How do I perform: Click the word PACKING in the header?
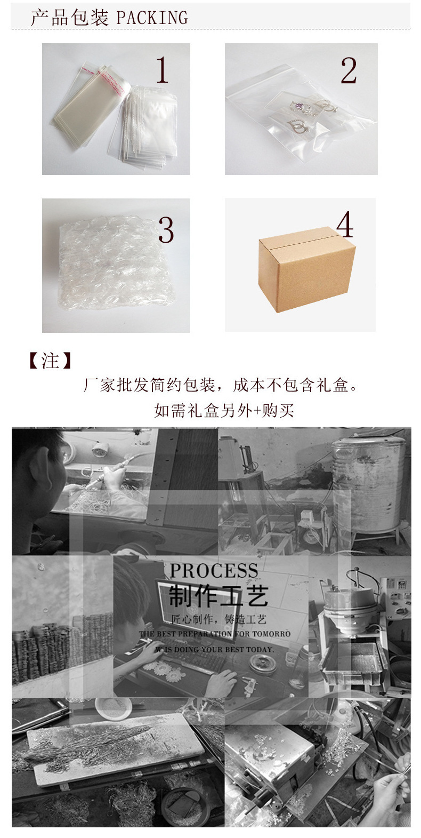coord(152,18)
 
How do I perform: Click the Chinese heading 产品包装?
coord(69,18)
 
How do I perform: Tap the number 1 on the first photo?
coord(162,70)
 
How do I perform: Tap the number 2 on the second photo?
coord(349,71)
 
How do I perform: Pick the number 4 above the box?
coord(345,225)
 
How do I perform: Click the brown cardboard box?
coord(306,269)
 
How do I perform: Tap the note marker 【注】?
coord(50,361)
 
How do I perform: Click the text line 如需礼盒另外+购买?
coord(224,410)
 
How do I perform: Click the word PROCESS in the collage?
coord(214,571)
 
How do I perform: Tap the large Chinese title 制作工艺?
coord(218,595)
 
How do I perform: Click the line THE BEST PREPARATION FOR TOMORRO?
coord(215,634)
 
